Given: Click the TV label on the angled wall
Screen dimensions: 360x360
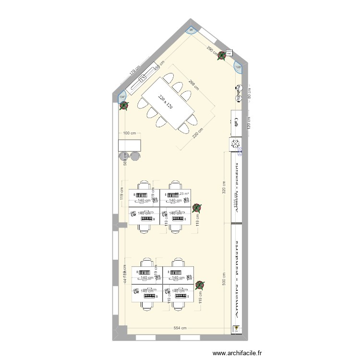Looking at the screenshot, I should tap(143, 79).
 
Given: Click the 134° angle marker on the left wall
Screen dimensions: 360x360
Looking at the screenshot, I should tap(121, 97).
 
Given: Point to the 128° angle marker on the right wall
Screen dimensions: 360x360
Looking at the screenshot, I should tap(238, 68).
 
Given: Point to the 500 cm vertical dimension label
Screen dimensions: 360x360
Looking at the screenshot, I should tap(224, 280).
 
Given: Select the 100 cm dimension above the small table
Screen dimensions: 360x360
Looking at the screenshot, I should tap(130, 133).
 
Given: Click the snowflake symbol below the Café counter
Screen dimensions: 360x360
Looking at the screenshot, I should tap(236, 144).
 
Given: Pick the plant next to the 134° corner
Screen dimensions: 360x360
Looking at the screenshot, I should tap(124, 105).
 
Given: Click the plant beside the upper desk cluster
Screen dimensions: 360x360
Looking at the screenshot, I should tap(196, 208).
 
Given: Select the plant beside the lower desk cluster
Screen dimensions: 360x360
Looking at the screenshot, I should tap(199, 284).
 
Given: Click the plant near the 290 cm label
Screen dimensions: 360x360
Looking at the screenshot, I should tap(221, 56).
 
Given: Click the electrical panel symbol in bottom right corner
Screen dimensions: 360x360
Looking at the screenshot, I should tap(236, 329).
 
